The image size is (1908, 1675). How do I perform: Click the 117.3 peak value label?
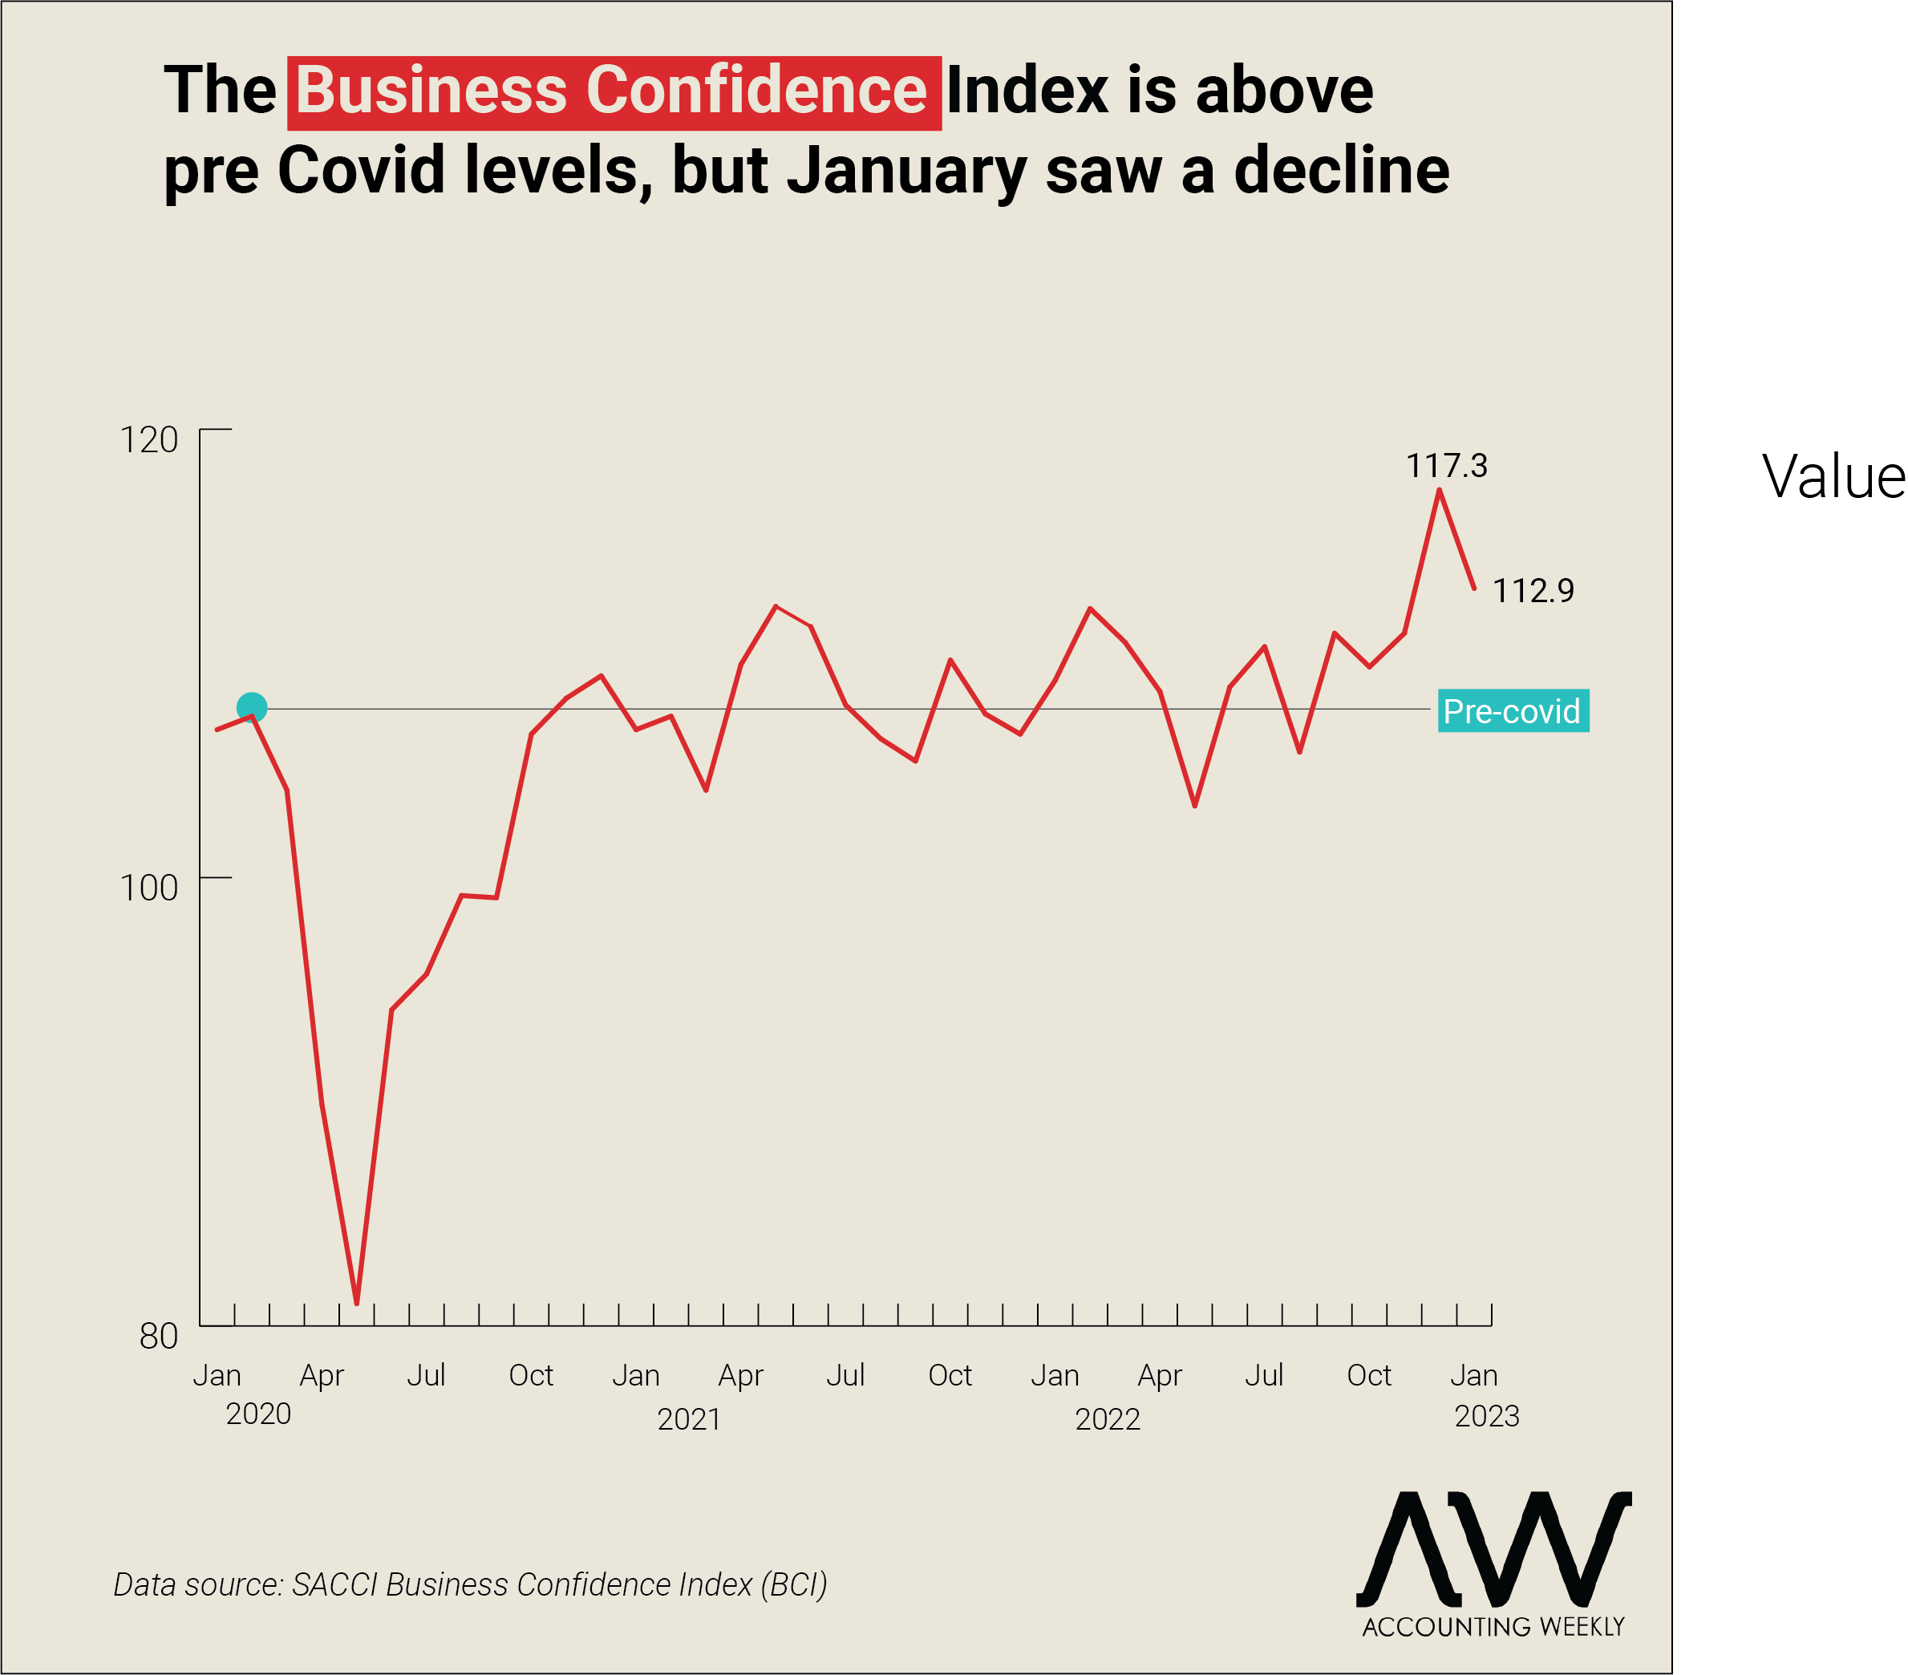(1446, 465)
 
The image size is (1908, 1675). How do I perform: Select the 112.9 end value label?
(1533, 590)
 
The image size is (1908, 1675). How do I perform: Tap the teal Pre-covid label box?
(1513, 711)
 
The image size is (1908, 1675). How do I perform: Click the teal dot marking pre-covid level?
(251, 708)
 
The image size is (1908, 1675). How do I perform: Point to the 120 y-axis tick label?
(149, 439)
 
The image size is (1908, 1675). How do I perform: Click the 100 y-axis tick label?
(149, 888)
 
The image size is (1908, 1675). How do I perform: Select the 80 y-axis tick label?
(159, 1337)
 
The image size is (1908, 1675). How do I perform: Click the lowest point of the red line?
(357, 1303)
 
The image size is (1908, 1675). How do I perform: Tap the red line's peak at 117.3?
(1440, 490)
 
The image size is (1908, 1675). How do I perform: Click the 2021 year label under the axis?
(689, 1419)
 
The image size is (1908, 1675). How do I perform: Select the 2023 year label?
(1487, 1417)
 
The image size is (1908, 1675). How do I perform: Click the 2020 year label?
(258, 1414)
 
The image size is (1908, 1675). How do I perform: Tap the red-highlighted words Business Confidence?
(613, 91)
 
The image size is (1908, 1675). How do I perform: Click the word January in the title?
(906, 171)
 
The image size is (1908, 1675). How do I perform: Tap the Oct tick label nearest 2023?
(1368, 1375)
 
